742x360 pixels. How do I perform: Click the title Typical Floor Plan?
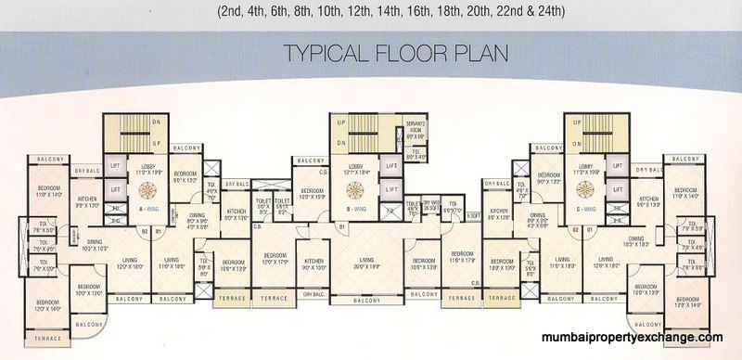coord(371,50)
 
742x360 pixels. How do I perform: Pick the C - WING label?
coord(583,209)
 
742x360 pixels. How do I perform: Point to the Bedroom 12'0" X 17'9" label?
coord(273,259)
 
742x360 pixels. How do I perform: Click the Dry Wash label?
coord(430,204)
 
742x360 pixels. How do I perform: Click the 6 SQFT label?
coord(472,215)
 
